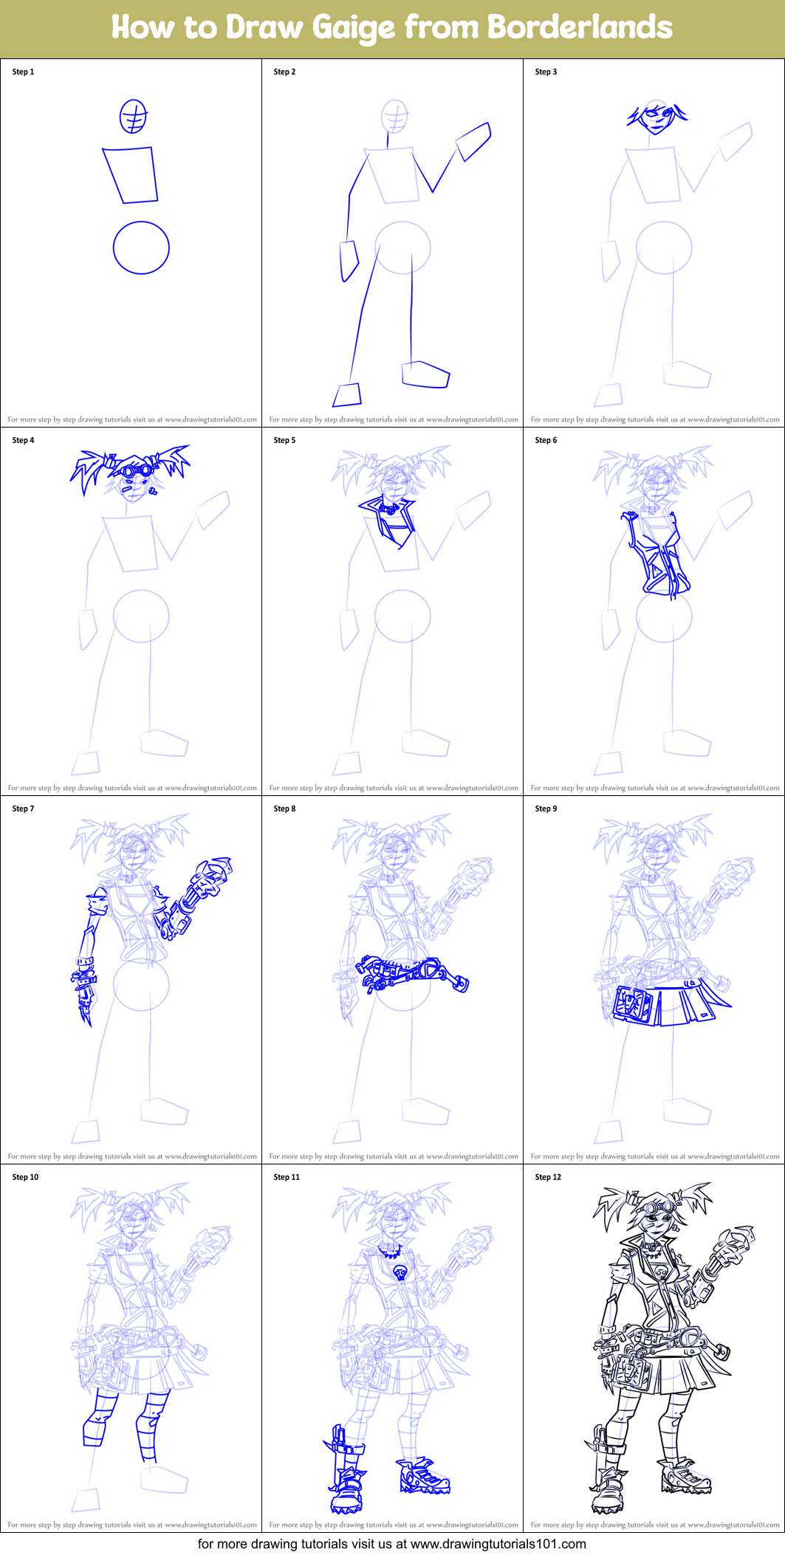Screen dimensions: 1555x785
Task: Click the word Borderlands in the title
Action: pos(579,27)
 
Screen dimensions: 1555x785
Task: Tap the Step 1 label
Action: pos(23,72)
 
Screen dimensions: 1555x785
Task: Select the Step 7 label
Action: pos(23,809)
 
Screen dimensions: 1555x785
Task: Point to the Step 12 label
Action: pos(548,1177)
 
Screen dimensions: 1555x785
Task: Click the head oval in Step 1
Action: pos(133,117)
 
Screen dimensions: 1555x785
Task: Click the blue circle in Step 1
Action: pos(141,247)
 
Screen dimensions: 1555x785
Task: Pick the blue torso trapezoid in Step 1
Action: pos(131,174)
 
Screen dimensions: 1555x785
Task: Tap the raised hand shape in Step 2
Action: pos(474,142)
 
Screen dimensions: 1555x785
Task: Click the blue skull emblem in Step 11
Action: pos(401,1272)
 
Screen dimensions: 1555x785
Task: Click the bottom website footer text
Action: pos(391,1544)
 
